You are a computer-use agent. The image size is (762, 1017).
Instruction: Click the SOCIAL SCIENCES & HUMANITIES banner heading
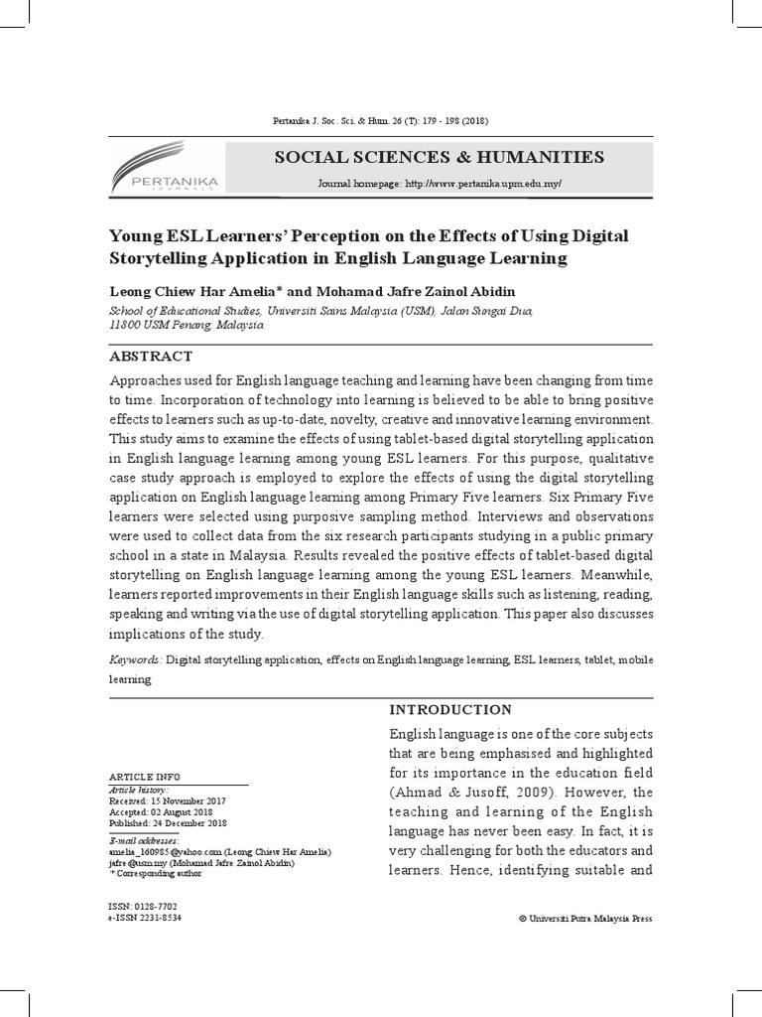click(438, 157)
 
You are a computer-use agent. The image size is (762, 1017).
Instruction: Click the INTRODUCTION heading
click(449, 709)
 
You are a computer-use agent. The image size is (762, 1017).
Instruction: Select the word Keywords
click(133, 659)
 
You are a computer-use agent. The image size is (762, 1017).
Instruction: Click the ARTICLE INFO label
click(144, 776)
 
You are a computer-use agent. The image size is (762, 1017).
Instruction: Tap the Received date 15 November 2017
click(168, 799)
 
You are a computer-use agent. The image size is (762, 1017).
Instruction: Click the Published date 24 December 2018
click(168, 823)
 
